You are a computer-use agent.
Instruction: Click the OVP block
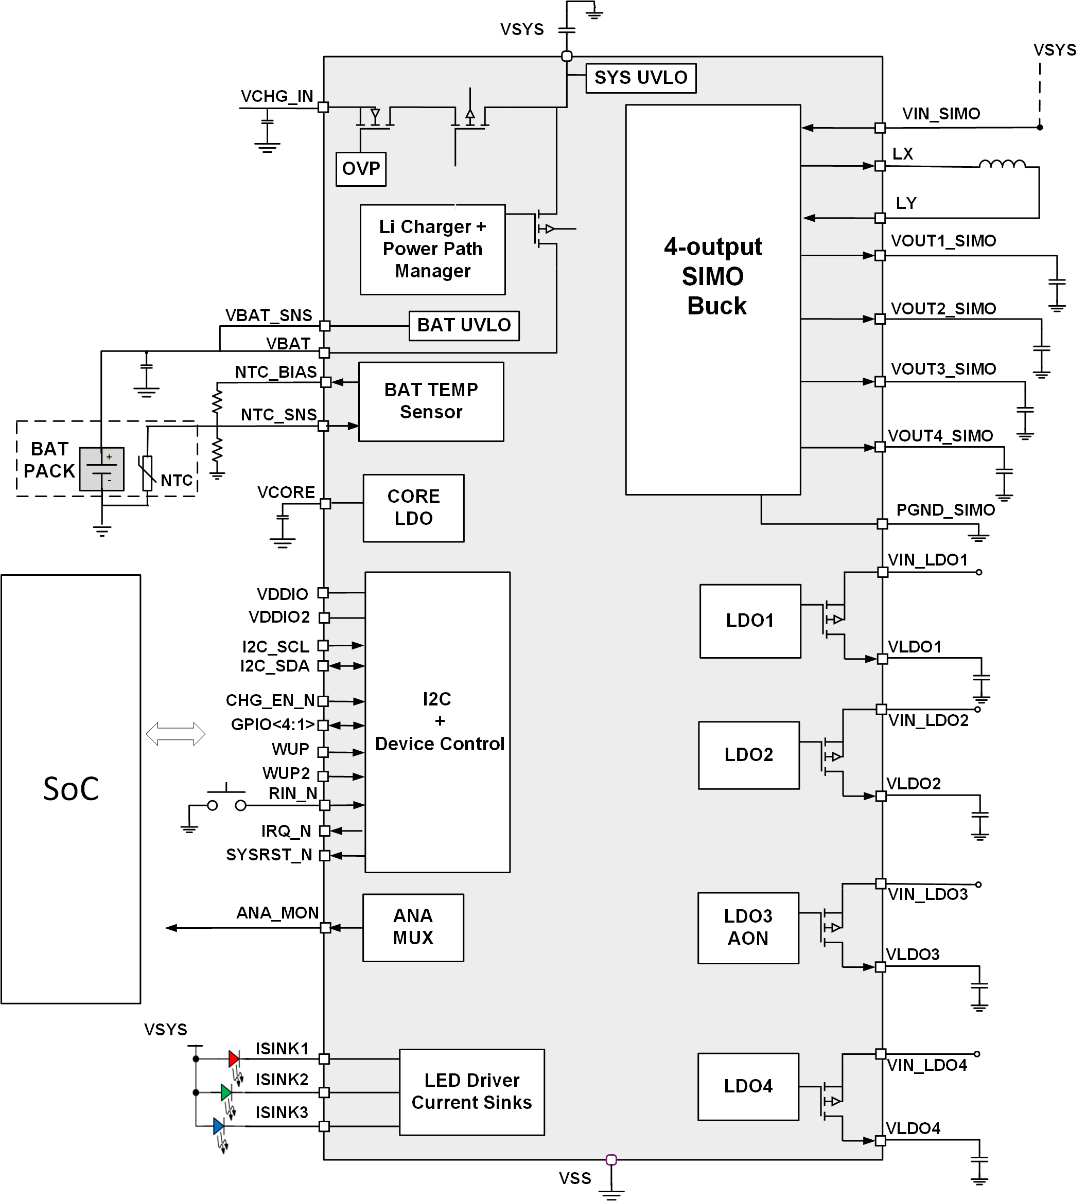tap(360, 169)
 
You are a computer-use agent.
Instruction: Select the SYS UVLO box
tap(640, 78)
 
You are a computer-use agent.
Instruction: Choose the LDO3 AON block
tap(748, 928)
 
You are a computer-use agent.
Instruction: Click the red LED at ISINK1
tap(234, 1058)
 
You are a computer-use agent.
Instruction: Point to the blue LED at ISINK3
tap(219, 1126)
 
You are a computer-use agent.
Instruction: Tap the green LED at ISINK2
tap(226, 1092)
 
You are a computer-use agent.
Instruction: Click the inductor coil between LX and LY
tap(1002, 165)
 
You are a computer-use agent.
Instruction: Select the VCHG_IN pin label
tap(276, 97)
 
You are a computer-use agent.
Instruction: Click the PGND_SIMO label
tap(945, 510)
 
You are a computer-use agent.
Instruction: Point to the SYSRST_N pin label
tap(269, 855)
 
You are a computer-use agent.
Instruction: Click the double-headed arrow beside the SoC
tap(176, 733)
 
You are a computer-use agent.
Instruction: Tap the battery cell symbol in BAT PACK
tap(102, 469)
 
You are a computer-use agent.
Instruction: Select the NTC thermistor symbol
tap(147, 473)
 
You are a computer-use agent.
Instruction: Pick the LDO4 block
tap(748, 1086)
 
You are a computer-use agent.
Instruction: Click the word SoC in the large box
tap(71, 789)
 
